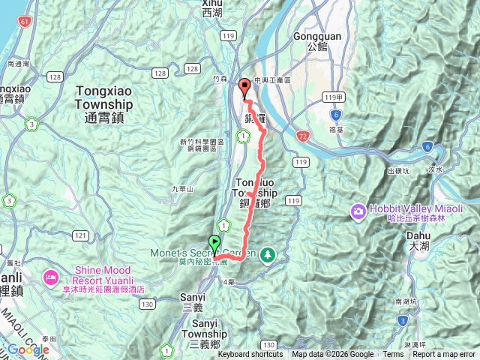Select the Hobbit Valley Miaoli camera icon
357,211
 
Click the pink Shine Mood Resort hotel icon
52,277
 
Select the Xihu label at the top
212,8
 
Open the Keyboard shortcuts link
250,355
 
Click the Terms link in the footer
393,355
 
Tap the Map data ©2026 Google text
332,355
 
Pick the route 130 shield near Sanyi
147,304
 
